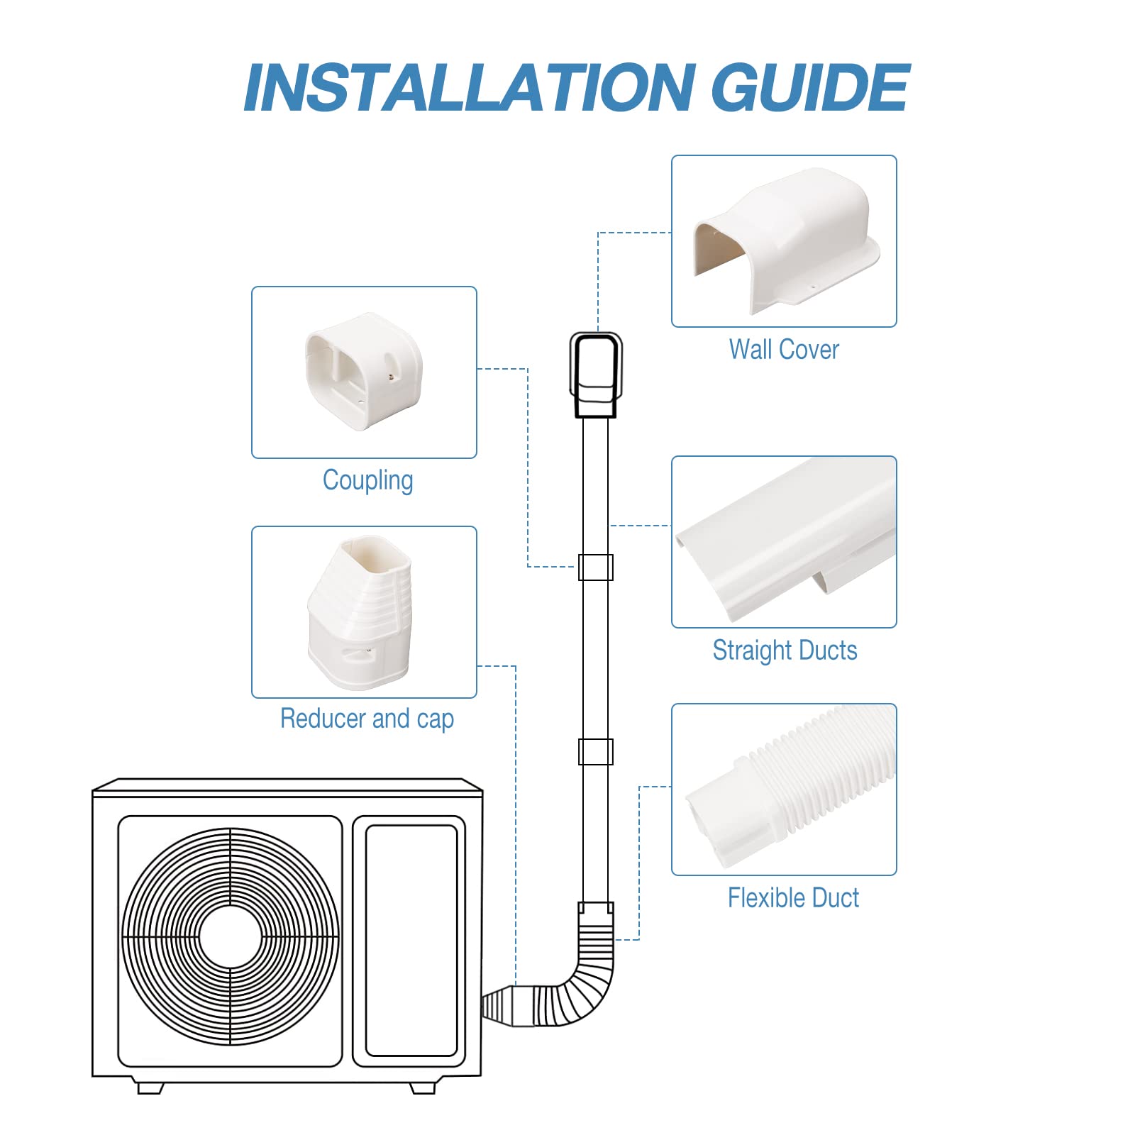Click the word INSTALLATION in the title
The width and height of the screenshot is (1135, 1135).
click(468, 88)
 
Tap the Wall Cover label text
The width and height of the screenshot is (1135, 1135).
click(784, 350)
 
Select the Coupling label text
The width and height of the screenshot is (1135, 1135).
click(367, 480)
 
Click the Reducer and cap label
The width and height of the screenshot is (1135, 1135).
click(367, 719)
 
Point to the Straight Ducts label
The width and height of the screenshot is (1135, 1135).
click(785, 650)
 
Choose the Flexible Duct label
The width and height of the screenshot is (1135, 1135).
click(793, 898)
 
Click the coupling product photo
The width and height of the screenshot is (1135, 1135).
click(364, 372)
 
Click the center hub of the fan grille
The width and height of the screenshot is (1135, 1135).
click(231, 937)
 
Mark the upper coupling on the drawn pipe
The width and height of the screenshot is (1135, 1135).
click(596, 567)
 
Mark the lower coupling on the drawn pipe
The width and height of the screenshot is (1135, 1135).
click(596, 752)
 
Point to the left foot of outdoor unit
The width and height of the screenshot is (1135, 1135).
click(150, 1087)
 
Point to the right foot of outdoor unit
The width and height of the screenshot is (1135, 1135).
click(423, 1087)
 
